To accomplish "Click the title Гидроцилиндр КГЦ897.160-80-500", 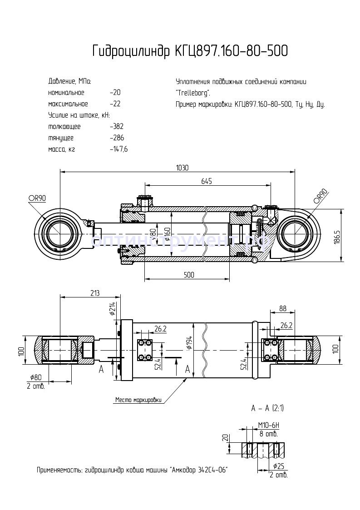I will pyautogui.click(x=190, y=51).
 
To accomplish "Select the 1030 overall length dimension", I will pyautogui.click(x=182, y=168).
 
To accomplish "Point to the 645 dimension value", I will pyautogui.click(x=207, y=181).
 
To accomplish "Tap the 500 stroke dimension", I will pyautogui.click(x=189, y=275).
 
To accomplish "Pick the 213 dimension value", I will pyautogui.click(x=94, y=293).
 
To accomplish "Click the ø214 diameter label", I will pyautogui.click(x=112, y=308).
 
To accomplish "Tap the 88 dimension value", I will pyautogui.click(x=282, y=308).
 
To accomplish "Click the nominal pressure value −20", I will pyautogui.click(x=115, y=93).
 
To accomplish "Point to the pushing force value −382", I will pyautogui.click(x=117, y=127).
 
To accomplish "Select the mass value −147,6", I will pyautogui.click(x=118, y=149).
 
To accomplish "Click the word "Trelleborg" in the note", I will pyautogui.click(x=192, y=93).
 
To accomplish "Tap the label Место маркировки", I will pyautogui.click(x=138, y=400).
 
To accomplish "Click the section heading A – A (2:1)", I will pyautogui.click(x=267, y=408).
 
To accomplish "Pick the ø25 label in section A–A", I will pyautogui.click(x=279, y=466).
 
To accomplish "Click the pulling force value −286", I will pyautogui.click(x=117, y=138).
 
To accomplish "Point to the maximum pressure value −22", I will pyautogui.click(x=115, y=104).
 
